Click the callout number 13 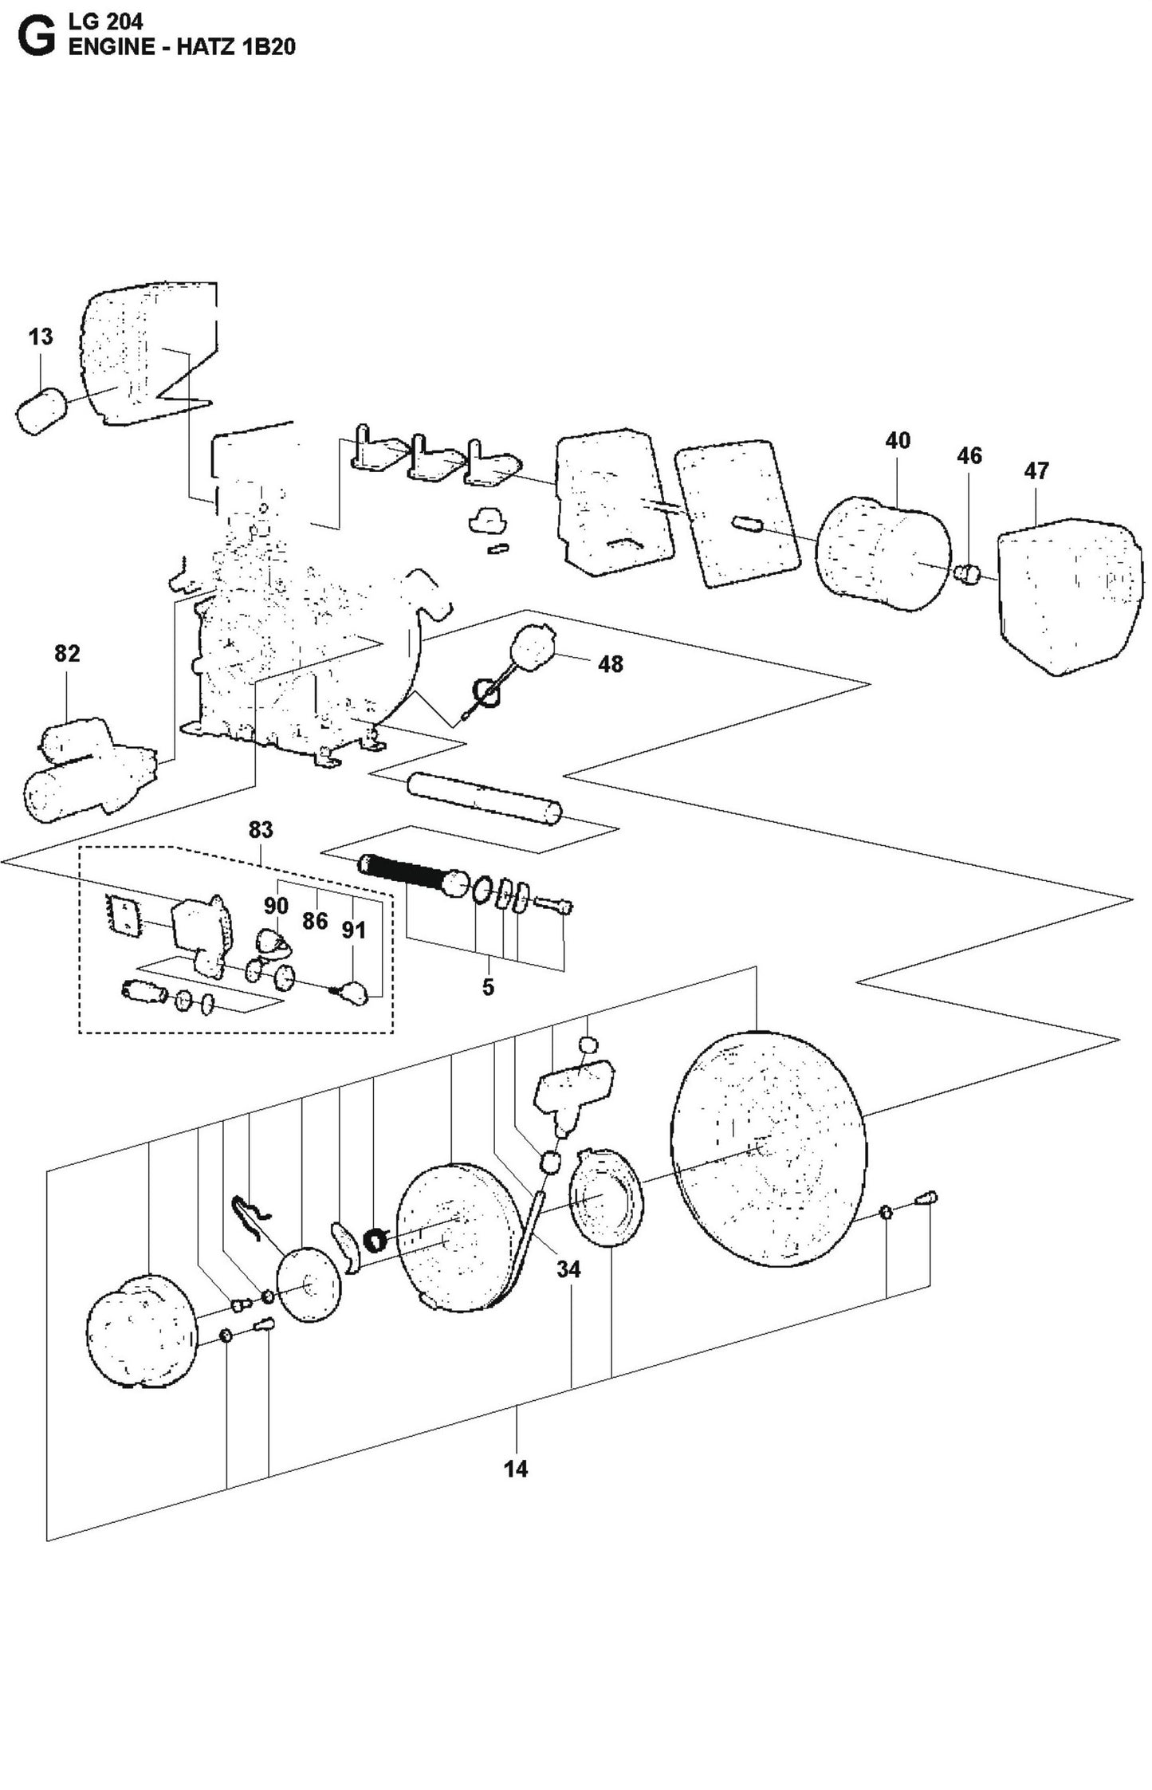(41, 337)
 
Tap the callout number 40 (898, 441)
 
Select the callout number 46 (969, 456)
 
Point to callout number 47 (1036, 471)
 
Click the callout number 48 (610, 664)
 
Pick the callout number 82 (67, 654)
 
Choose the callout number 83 (261, 830)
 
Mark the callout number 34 (568, 1269)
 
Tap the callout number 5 (488, 987)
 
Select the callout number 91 (353, 930)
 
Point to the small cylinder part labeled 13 (41, 411)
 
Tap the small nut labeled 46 (966, 572)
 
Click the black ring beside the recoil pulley (374, 1240)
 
